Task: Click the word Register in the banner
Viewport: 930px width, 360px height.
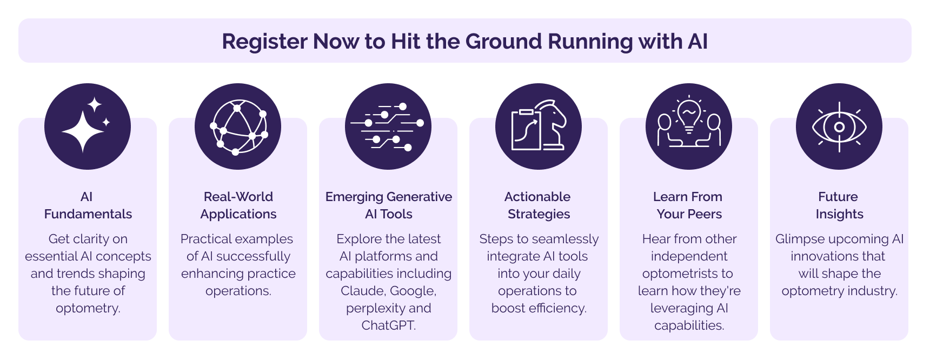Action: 264,42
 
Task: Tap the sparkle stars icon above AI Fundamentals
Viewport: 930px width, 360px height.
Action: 87,126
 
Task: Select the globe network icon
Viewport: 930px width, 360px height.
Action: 238,127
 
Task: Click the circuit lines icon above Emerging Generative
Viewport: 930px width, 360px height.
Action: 388,127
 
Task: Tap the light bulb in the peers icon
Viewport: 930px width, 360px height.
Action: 689,115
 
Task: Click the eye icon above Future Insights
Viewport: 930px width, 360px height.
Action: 839,127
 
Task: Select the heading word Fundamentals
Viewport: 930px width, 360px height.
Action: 88,214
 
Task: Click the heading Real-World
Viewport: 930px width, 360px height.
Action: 238,197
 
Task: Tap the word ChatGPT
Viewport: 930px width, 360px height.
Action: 389,325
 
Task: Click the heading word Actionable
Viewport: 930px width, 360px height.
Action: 537,197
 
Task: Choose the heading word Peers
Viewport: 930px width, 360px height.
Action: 705,214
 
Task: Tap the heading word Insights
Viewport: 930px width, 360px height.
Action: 840,214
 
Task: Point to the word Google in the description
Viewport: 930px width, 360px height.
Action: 413,291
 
